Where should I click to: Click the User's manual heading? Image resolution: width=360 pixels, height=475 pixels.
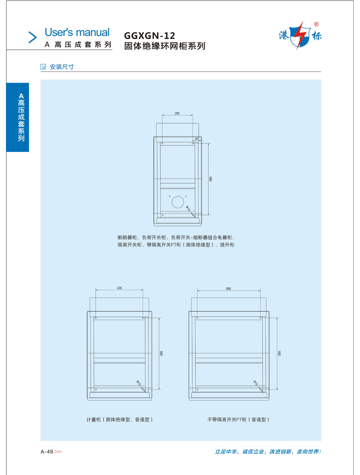click(77, 32)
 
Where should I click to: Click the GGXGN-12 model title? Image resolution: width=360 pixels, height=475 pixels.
click(150, 36)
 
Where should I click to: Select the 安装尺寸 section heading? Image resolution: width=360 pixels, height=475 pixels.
click(62, 67)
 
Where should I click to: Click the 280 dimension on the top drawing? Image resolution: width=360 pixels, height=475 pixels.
click(177, 113)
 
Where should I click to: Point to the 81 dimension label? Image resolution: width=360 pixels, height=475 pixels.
click(197, 139)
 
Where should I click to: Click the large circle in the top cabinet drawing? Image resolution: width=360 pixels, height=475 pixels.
click(178, 202)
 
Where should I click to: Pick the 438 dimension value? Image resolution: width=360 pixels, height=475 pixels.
click(119, 289)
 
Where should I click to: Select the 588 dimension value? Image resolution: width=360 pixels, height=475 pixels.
click(228, 289)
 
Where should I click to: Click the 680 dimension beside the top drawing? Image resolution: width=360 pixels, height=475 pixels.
click(211, 179)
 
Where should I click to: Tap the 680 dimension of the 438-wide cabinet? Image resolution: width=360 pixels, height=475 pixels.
click(161, 353)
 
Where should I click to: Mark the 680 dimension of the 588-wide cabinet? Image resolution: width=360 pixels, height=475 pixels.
click(279, 353)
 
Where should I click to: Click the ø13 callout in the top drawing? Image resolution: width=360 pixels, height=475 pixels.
click(188, 209)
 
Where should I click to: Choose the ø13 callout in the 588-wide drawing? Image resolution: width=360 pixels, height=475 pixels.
click(256, 383)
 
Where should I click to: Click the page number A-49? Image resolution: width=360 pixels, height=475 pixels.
click(47, 452)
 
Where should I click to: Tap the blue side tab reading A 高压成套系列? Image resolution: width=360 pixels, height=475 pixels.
click(18, 117)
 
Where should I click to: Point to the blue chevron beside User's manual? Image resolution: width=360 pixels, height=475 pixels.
click(32, 37)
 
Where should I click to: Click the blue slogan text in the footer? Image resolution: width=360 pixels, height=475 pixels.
click(267, 452)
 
